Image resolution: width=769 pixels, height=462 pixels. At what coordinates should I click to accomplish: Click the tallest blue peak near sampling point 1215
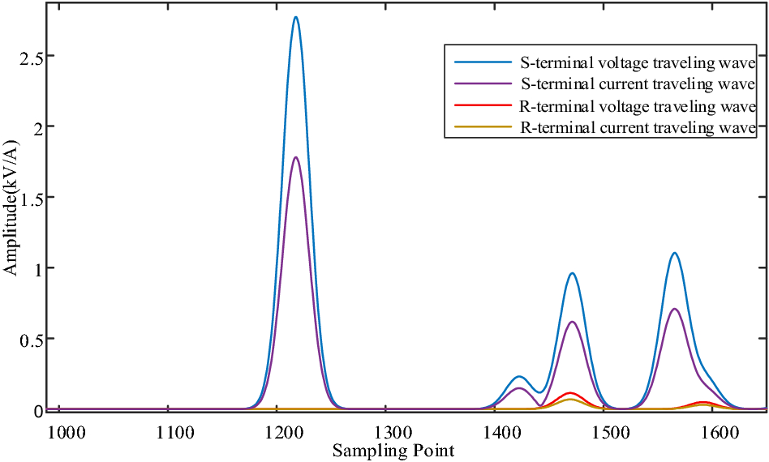tap(296, 17)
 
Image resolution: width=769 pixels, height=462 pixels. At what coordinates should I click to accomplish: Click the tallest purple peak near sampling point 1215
tap(296, 157)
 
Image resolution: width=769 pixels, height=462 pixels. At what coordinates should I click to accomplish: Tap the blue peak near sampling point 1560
tap(674, 253)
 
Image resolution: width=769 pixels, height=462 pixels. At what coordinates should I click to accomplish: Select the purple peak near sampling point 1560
tap(674, 309)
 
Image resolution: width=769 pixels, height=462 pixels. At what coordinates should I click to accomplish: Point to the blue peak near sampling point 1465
tap(572, 273)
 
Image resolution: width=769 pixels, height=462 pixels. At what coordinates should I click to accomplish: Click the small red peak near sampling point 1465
tap(570, 393)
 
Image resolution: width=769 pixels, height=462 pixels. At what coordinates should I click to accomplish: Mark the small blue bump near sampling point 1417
tap(519, 376)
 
